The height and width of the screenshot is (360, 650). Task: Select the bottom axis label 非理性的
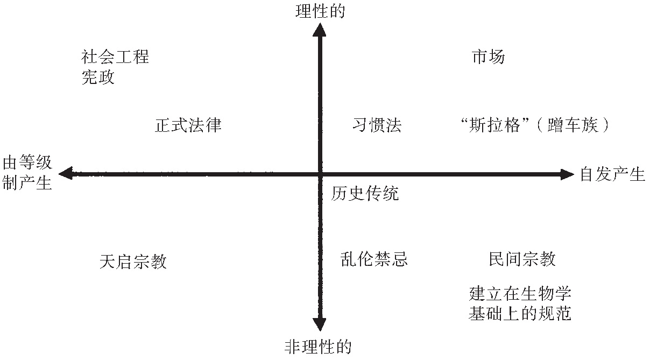click(x=318, y=347)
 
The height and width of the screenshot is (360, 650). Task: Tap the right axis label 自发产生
click(x=612, y=174)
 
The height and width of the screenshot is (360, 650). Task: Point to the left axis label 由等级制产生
click(x=27, y=173)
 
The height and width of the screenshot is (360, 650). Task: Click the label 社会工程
click(x=115, y=57)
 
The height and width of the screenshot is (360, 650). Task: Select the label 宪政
click(x=98, y=77)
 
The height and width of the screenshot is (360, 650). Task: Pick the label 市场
click(x=489, y=57)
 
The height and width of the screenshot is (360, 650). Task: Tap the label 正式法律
click(x=188, y=125)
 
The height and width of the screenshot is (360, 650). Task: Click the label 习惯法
click(x=377, y=125)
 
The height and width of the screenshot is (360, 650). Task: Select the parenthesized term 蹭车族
click(x=573, y=125)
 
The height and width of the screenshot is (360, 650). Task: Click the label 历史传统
click(x=365, y=193)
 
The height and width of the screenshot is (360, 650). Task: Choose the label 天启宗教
click(x=133, y=262)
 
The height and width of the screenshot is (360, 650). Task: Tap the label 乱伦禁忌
click(x=374, y=259)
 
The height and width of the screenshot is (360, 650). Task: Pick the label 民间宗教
click(x=522, y=259)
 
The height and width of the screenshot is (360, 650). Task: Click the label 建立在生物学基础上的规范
click(x=520, y=303)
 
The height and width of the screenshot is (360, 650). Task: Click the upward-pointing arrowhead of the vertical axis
click(x=320, y=30)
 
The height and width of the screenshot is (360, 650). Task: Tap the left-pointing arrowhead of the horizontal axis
click(x=66, y=174)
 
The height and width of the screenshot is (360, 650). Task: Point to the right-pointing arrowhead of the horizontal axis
click(x=567, y=174)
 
